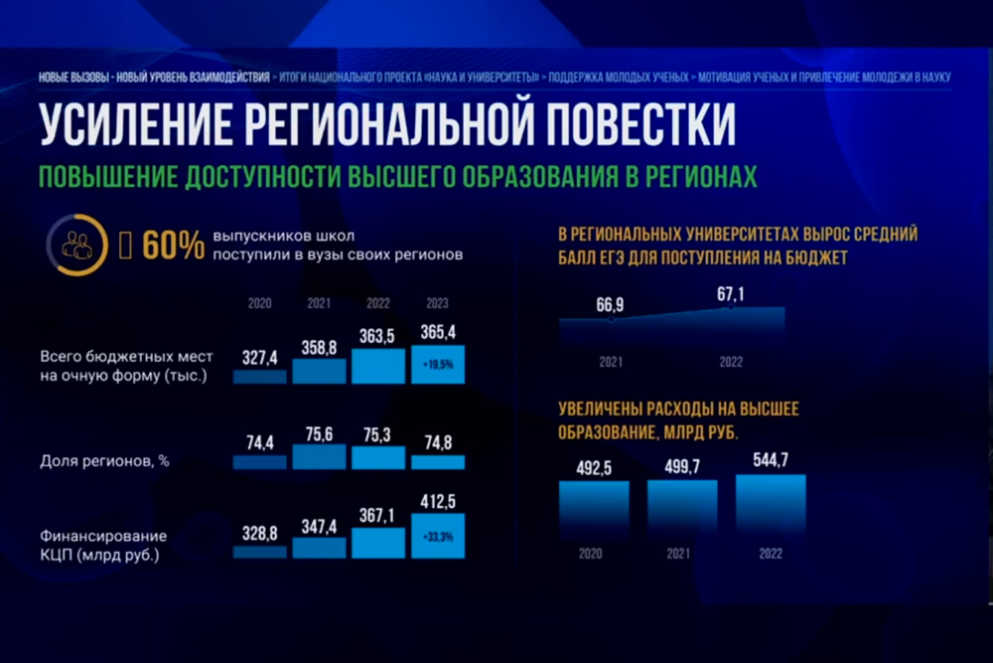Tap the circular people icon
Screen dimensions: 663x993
tap(76, 245)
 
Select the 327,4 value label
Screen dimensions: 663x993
tap(259, 357)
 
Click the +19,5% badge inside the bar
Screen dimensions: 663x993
tap(438, 365)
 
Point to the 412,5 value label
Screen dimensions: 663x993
tap(438, 503)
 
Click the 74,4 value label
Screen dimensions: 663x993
tap(259, 443)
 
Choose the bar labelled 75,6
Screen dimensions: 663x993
tap(319, 456)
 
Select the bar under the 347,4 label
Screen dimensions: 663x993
tap(319, 548)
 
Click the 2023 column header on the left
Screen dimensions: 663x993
tap(438, 303)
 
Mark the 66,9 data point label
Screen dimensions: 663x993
tap(611, 303)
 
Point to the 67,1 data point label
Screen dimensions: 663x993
tap(730, 293)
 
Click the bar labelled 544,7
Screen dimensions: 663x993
tap(771, 505)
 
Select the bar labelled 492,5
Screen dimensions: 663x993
tap(594, 508)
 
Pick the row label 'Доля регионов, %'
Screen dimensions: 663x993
tap(98, 461)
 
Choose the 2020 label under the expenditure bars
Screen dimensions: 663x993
tap(594, 553)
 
